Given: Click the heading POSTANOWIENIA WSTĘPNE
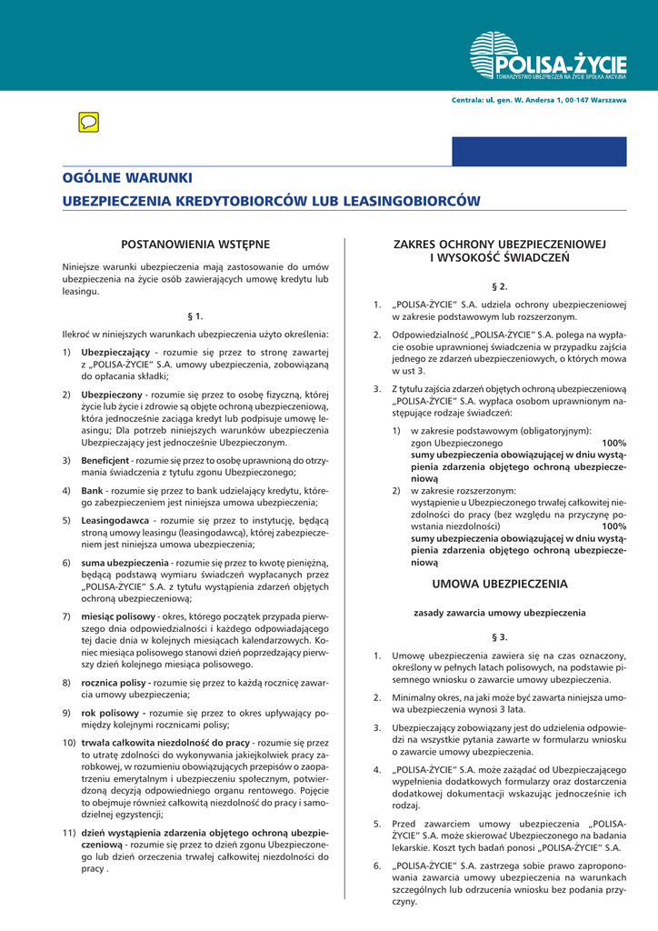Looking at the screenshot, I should tap(195, 244).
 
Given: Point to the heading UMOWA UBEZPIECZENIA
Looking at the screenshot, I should tap(499, 584).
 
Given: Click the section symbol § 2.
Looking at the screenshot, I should tap(499, 286).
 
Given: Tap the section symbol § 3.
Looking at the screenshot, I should tap(499, 636).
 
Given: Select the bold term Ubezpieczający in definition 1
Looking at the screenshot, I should tap(115, 352).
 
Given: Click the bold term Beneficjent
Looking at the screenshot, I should tap(105, 461).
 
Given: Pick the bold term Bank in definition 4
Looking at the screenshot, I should tap(92, 490).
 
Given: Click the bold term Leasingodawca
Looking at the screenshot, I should tap(115, 520).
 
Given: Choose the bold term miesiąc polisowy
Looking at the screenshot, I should tap(118, 616).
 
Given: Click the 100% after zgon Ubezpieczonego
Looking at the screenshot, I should tap(613, 442).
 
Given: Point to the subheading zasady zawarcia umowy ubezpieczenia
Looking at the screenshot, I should tap(499, 612).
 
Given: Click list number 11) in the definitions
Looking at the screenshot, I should tap(68, 832).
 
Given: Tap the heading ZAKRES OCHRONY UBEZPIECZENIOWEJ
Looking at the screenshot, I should tap(499, 245).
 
